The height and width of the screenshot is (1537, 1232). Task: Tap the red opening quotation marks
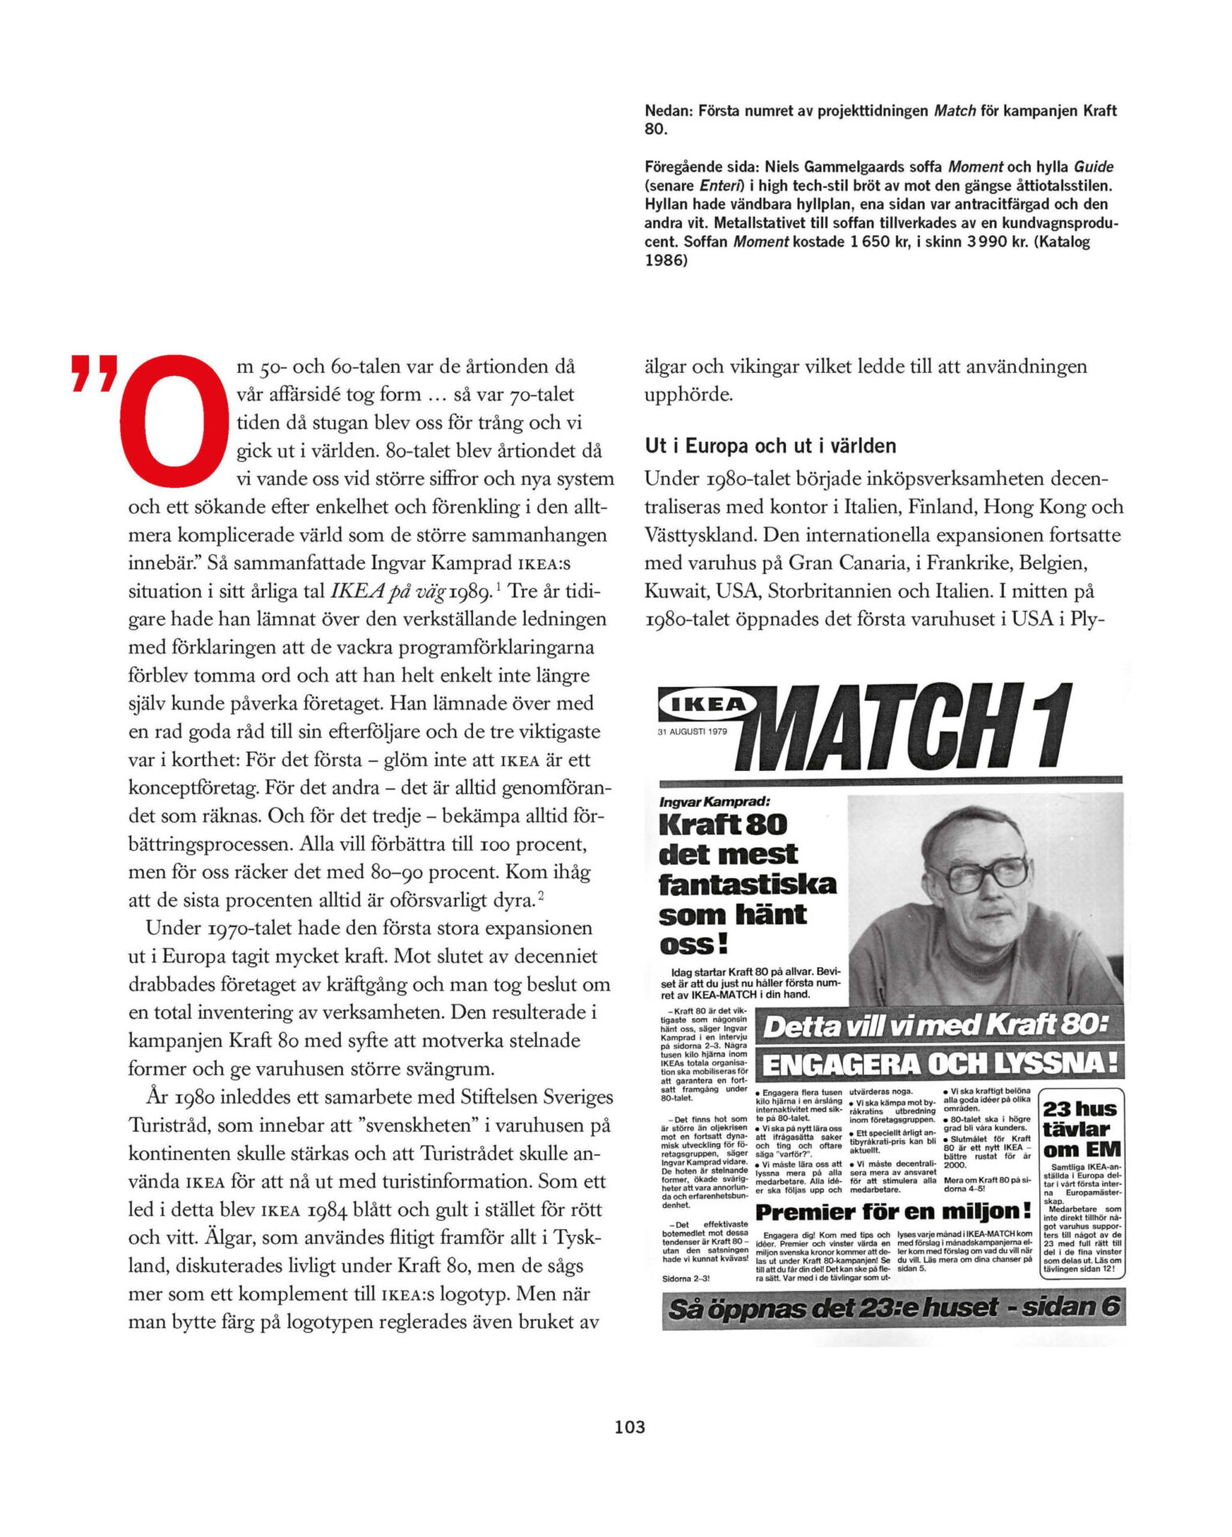(95, 375)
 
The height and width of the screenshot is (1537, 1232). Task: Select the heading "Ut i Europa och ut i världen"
(770, 446)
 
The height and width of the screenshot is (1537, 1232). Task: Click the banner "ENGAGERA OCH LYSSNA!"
(940, 1064)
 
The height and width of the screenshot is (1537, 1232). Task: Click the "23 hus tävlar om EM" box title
(1081, 1130)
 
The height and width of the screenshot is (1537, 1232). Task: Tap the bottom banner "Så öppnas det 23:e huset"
(893, 1308)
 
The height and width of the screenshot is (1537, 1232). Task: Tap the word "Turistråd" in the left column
(169, 1126)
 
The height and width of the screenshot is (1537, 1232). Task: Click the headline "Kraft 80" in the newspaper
(723, 825)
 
